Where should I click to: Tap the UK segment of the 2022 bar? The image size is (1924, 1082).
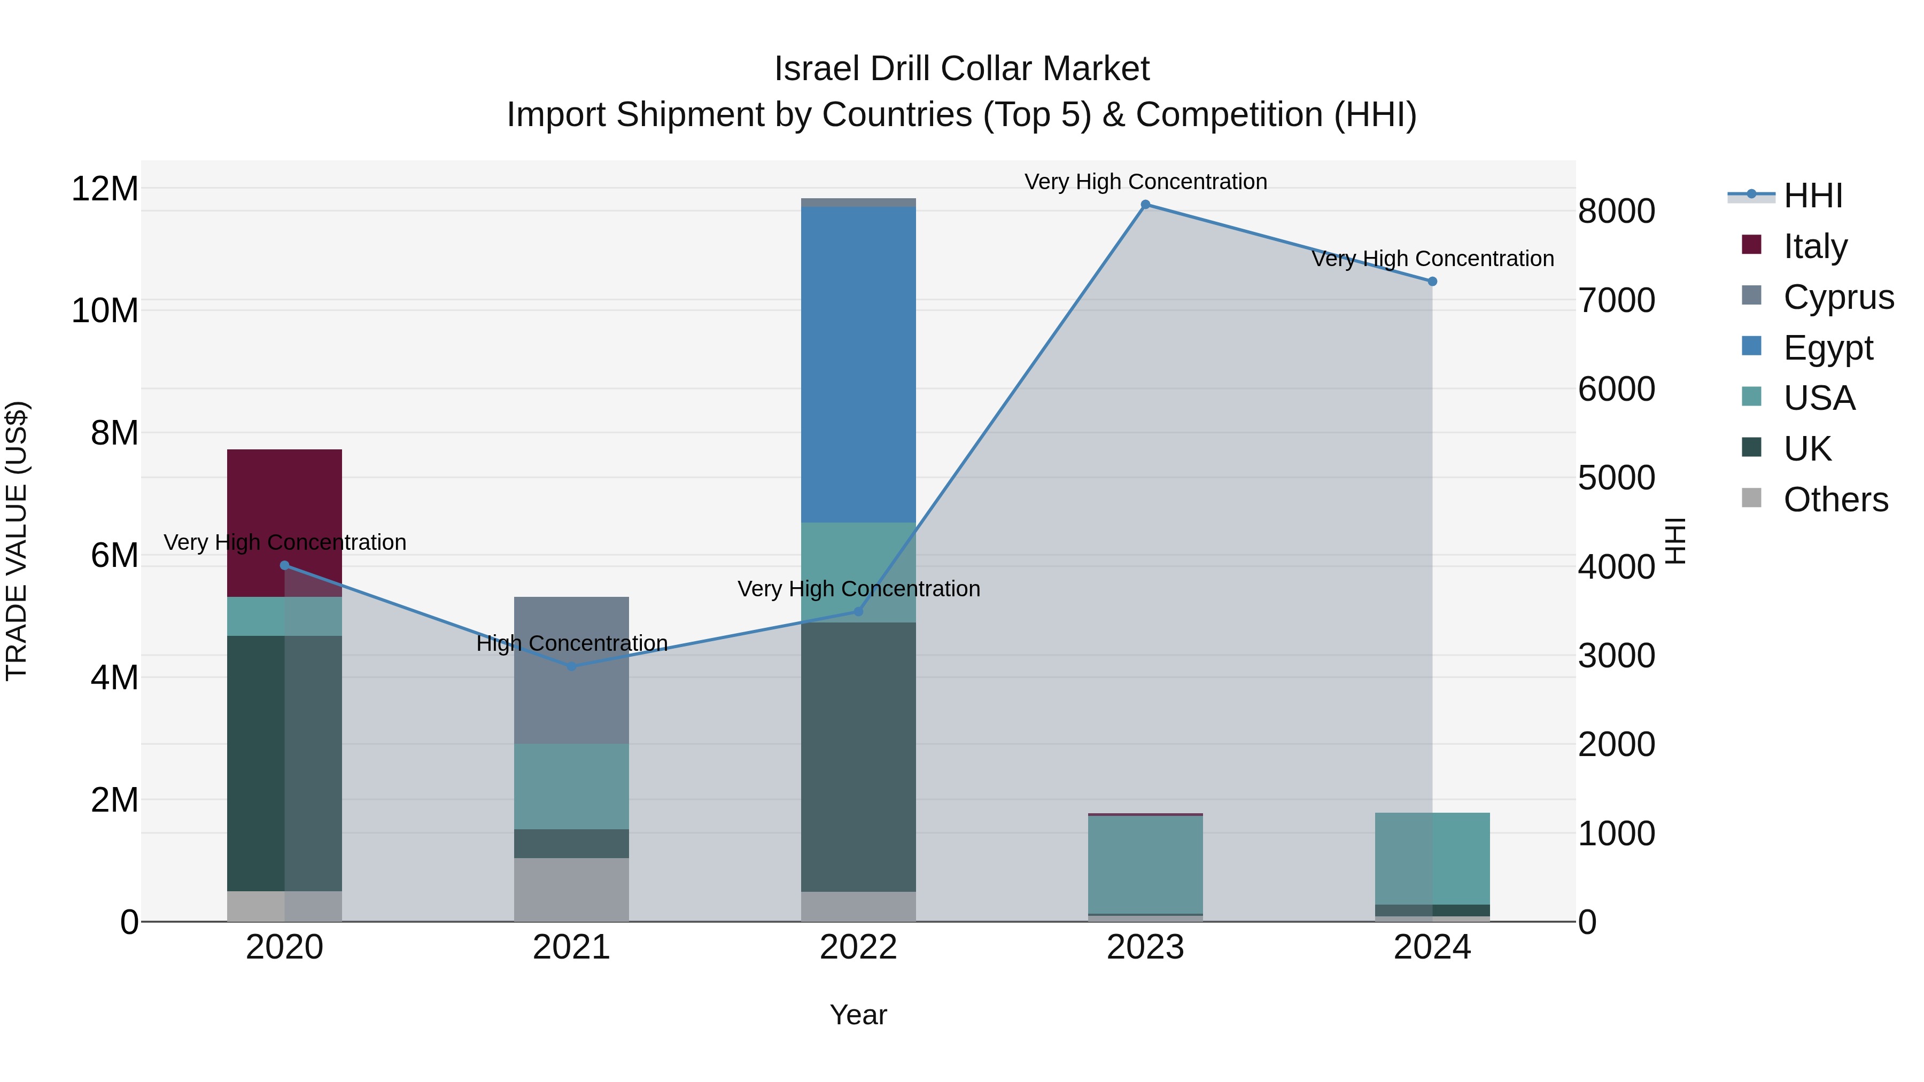858,757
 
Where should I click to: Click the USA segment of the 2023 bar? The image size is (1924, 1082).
1145,864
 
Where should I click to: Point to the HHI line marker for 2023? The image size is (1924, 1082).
1145,205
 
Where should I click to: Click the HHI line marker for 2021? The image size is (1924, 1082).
571,666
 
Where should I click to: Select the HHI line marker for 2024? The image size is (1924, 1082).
1432,282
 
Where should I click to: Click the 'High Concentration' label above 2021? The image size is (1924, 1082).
571,643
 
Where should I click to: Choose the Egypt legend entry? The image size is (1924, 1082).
1828,348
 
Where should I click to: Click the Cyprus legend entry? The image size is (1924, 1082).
1837,297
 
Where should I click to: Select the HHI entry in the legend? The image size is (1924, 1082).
1813,196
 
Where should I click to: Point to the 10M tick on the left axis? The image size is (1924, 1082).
105,310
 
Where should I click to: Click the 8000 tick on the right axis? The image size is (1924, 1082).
1616,211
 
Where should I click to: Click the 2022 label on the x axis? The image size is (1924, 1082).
858,947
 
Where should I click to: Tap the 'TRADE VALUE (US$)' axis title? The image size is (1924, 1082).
17,541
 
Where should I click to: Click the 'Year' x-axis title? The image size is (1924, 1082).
858,1015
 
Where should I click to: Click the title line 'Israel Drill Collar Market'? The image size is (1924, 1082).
961,69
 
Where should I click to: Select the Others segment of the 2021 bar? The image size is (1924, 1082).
571,889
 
